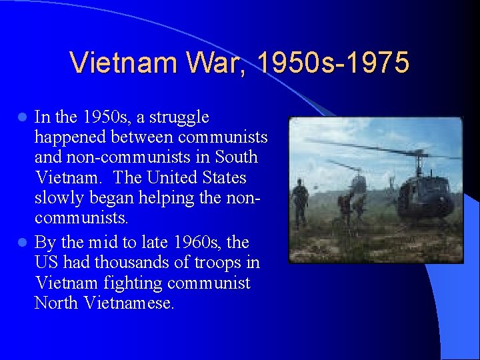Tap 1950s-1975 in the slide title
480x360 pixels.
point(333,63)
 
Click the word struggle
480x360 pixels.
point(178,118)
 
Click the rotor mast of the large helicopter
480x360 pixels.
point(419,161)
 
